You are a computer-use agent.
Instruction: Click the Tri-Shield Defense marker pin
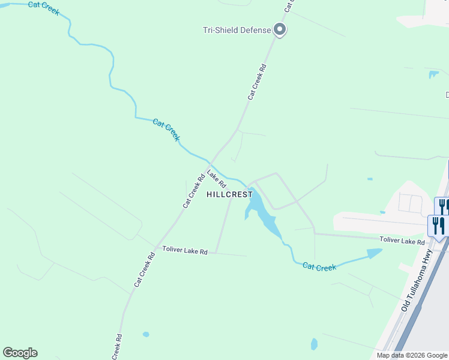(279, 29)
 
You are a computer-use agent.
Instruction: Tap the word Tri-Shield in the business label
(219, 29)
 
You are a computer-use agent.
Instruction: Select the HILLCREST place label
(230, 194)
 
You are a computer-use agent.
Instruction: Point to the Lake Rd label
(216, 178)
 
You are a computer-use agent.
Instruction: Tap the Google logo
(20, 353)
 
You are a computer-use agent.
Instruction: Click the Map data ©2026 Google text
(411, 355)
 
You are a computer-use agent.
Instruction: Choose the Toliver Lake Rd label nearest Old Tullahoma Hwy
(402, 241)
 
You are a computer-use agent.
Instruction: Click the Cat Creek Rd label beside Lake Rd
(194, 191)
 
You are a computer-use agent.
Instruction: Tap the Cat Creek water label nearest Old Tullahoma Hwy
(319, 267)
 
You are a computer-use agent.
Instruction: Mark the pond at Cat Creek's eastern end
(374, 254)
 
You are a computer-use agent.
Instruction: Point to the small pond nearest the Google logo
(146, 334)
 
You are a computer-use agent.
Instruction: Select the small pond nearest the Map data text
(315, 344)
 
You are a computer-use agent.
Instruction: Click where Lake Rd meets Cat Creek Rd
(209, 163)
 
